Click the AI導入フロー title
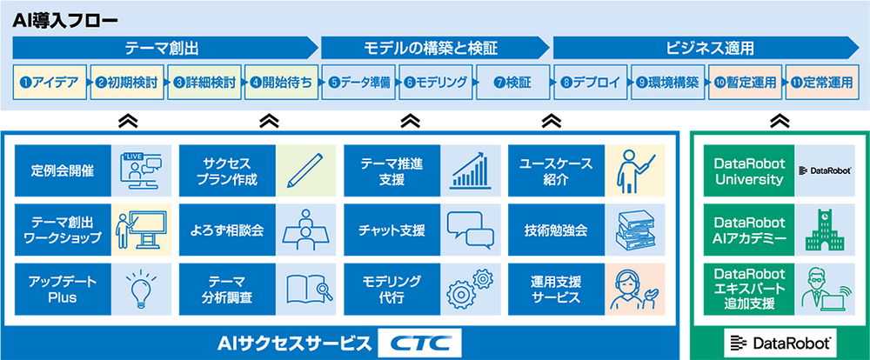65,21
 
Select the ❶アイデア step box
50,83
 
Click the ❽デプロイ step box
589,83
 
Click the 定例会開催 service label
62,170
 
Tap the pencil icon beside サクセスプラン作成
305,170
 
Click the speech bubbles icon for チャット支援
471,230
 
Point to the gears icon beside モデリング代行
471,287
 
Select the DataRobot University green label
749,170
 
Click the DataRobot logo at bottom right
780,344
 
